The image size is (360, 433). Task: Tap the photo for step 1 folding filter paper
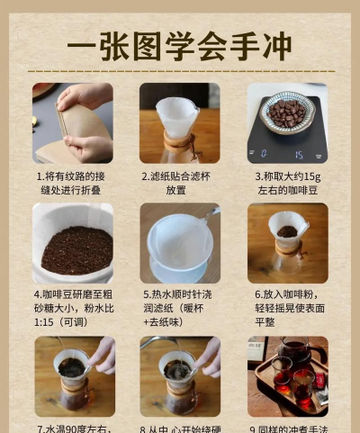coord(73,122)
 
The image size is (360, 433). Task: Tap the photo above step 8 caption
coord(179,376)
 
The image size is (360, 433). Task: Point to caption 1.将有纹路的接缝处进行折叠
coord(73,184)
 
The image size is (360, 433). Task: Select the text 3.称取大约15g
coord(288,177)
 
